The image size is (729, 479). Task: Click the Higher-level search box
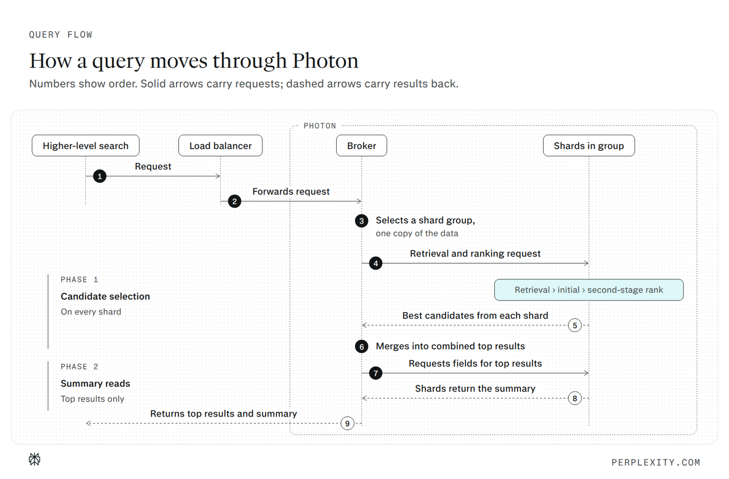coord(85,145)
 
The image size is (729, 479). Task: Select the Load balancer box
coord(220,145)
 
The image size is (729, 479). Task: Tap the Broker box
coord(361,145)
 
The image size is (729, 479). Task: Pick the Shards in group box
coord(589,145)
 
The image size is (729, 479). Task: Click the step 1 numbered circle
coord(100,176)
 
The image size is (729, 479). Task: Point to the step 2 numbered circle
coord(234,201)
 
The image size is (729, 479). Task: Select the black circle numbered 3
coord(361,221)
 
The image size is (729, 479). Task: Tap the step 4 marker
coord(376,263)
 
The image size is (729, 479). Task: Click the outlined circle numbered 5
coord(575,325)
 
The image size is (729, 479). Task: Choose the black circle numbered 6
coord(361,347)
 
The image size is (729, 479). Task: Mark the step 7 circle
coord(376,373)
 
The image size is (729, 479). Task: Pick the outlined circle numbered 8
coord(575,398)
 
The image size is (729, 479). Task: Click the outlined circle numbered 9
coord(347,423)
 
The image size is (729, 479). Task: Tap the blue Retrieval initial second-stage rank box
coord(589,290)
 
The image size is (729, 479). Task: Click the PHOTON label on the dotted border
coord(319,126)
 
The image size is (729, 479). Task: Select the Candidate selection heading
coord(105,296)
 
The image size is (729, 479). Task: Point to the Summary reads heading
coord(95,383)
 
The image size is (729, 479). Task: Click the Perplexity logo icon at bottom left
coord(34,459)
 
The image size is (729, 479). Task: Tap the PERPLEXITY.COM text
coord(656,462)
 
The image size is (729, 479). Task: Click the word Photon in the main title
coord(325,61)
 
